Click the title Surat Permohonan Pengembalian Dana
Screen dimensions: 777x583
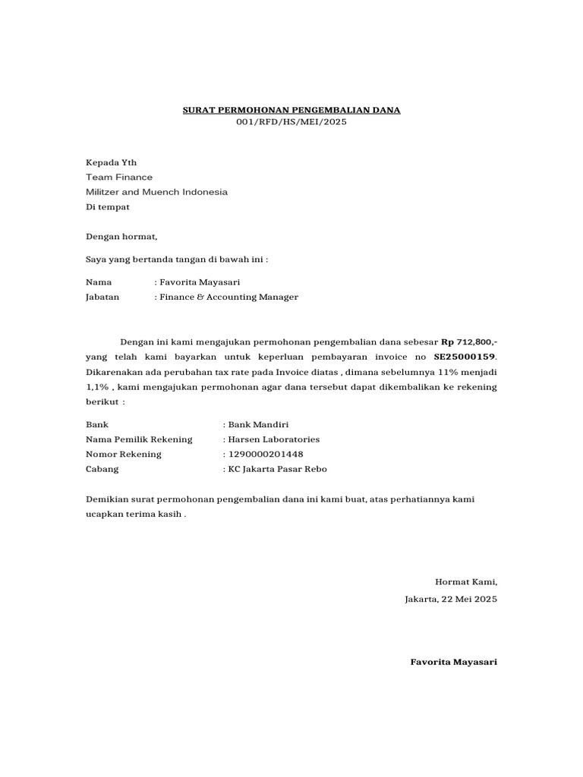pos(291,110)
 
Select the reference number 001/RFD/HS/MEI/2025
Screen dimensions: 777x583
pos(291,122)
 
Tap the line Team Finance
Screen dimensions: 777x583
pos(118,177)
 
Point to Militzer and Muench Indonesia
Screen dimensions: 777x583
pos(156,192)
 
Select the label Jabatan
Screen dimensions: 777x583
pos(102,297)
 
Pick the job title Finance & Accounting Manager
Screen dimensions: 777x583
pos(228,297)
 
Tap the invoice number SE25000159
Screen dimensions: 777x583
pos(463,357)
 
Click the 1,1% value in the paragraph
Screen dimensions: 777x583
pos(97,387)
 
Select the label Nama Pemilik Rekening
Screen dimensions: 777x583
pos(139,439)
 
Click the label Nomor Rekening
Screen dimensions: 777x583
pos(124,454)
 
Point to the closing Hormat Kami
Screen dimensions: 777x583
pos(465,582)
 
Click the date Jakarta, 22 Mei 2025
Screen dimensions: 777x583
pos(451,599)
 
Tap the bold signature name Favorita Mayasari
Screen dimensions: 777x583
pos(453,662)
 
